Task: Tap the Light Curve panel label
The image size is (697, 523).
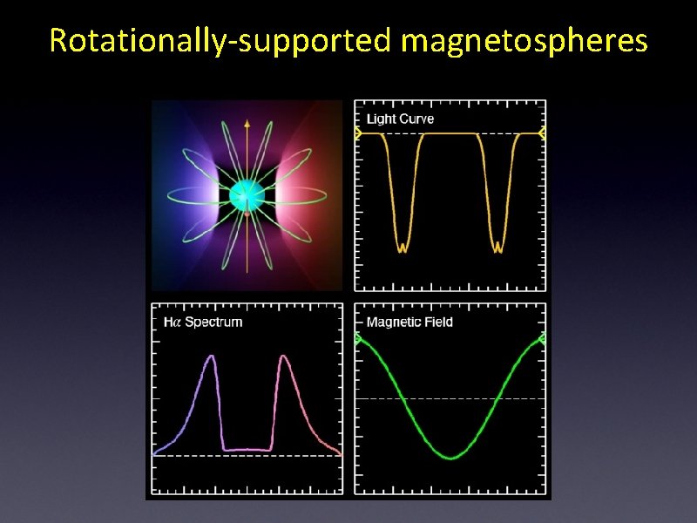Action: coord(400,119)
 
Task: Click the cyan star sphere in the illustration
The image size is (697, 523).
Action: coord(247,195)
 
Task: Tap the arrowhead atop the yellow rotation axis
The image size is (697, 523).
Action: coord(247,125)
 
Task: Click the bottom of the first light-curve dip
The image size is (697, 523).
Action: coord(402,248)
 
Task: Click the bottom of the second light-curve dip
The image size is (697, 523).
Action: coord(498,248)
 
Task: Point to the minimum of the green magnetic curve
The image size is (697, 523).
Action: coord(450,458)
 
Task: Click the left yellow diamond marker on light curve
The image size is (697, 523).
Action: coord(357,133)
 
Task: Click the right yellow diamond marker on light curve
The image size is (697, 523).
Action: coord(542,133)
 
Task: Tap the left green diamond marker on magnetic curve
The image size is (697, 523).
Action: coord(357,339)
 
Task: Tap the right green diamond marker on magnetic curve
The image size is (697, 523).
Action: coord(542,339)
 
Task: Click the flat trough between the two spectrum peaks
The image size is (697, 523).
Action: coord(247,450)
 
